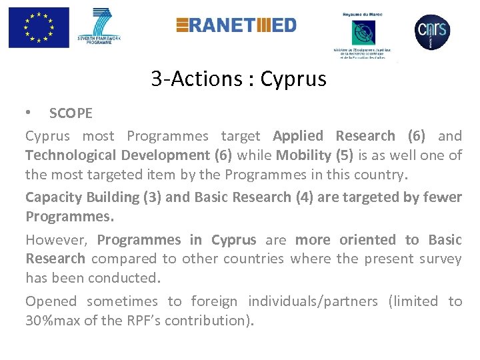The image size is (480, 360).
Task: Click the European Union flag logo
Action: (39, 27)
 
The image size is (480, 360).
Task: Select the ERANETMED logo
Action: (236, 25)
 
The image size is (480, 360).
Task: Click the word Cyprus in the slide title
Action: (293, 79)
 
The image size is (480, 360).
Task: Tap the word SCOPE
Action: (71, 113)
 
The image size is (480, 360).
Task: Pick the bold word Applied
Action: (298, 136)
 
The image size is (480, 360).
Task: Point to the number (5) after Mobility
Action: (346, 156)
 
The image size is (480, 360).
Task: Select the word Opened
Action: (51, 301)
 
